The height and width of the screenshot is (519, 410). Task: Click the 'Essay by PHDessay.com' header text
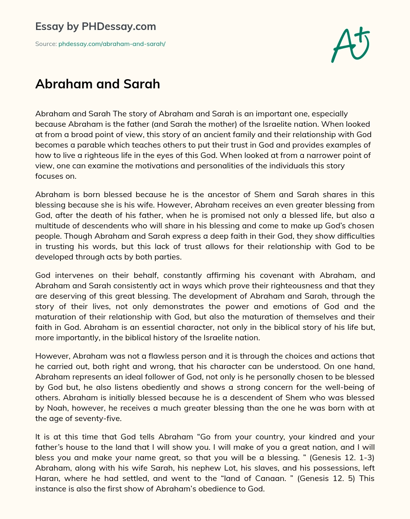pyautogui.click(x=95, y=27)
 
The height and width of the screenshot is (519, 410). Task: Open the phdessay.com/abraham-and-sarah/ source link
pyautogui.click(x=112, y=44)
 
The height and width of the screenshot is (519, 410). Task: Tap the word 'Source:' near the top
pyautogui.click(x=46, y=44)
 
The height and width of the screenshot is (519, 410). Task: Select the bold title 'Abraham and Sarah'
pyautogui.click(x=97, y=84)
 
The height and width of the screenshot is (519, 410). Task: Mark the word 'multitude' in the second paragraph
pyautogui.click(x=52, y=226)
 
